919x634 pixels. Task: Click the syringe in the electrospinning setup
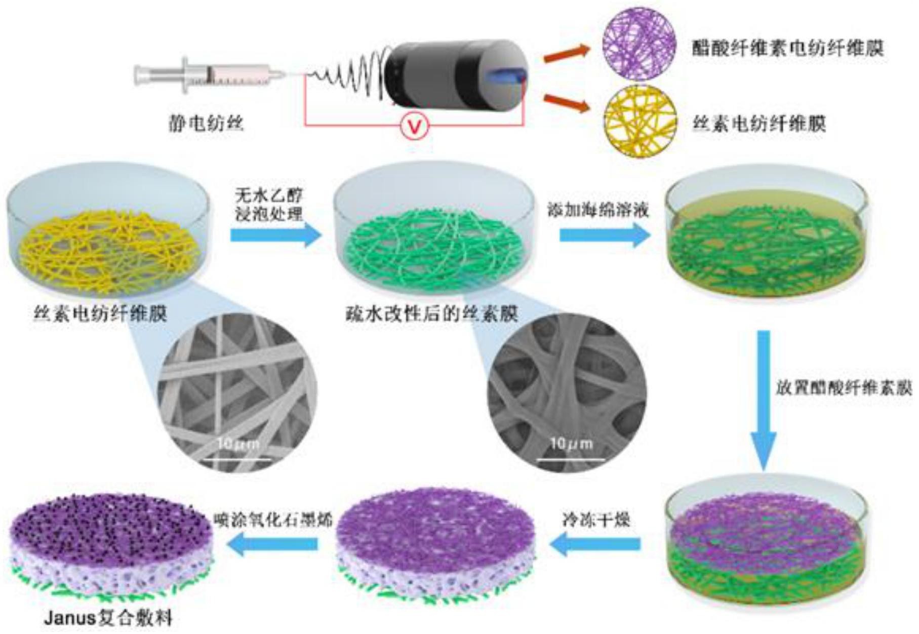[x=208, y=75]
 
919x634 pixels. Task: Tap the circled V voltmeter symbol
[x=415, y=126]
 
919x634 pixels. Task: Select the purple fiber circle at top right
[x=640, y=45]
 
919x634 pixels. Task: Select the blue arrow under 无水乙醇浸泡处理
[x=276, y=235]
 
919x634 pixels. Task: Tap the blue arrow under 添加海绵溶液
[x=605, y=235]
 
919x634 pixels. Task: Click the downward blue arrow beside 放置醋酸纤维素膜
[x=763, y=400]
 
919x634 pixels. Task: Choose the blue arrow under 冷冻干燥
[x=595, y=544]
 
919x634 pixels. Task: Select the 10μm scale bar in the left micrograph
[x=237, y=459]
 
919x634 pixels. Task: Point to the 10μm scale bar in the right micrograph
[x=571, y=459]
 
